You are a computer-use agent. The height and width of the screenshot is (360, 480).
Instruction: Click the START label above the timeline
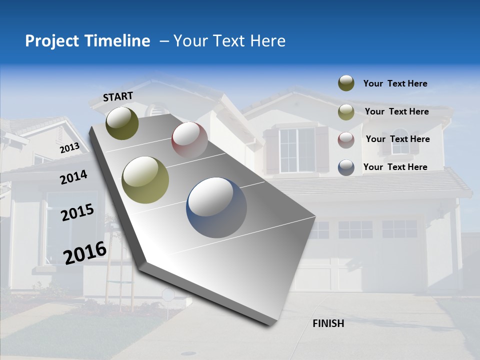(x=118, y=96)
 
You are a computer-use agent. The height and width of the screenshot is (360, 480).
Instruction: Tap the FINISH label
(x=328, y=323)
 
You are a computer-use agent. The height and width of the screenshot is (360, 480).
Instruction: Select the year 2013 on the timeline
(x=69, y=147)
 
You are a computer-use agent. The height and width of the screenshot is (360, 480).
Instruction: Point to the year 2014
(x=73, y=177)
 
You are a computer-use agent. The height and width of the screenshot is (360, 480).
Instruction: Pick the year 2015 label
(x=77, y=212)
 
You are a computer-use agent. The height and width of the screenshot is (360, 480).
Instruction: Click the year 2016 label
(x=85, y=252)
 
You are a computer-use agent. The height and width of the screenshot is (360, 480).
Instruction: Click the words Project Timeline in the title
(x=87, y=41)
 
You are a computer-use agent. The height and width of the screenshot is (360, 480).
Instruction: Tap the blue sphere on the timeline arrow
(x=216, y=207)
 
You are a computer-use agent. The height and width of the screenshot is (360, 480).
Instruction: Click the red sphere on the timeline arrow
(x=189, y=140)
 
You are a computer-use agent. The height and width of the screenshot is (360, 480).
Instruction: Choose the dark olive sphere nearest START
(x=122, y=123)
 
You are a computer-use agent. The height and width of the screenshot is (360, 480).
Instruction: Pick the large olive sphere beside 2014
(x=145, y=180)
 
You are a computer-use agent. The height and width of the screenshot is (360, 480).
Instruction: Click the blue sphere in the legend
(x=346, y=167)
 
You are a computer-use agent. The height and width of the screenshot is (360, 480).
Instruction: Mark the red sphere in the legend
(x=346, y=140)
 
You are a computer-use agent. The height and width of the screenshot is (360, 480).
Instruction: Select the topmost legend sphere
(x=346, y=83)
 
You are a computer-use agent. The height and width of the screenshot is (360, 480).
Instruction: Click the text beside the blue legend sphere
(x=395, y=167)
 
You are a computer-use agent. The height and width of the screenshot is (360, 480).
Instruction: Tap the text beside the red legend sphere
(x=397, y=139)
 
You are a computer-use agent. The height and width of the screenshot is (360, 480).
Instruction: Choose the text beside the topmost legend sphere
(x=395, y=83)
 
